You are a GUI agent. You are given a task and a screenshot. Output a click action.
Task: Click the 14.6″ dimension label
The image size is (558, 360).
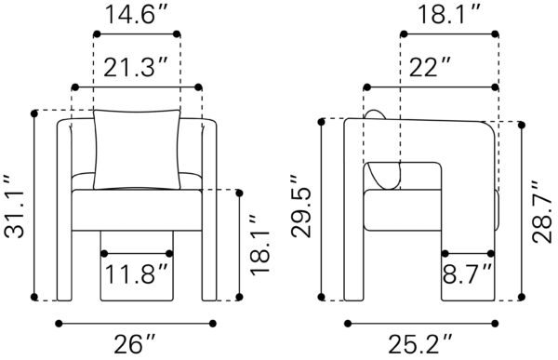point(137,15)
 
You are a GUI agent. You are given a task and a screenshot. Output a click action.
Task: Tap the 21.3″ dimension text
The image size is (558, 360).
point(135,68)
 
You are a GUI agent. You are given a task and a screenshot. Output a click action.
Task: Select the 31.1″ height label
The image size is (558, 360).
point(15,207)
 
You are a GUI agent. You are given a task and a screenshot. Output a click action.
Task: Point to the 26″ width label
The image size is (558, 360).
point(135,344)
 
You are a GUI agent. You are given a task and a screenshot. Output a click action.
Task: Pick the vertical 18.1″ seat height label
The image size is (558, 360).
point(260,245)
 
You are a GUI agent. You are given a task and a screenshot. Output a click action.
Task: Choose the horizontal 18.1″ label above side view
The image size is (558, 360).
point(449,15)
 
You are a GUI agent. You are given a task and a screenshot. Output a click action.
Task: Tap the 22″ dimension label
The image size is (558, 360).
point(430,68)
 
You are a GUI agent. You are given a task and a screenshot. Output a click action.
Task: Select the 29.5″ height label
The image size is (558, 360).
point(301,207)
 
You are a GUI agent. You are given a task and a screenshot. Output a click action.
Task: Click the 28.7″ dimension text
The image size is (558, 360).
point(543,212)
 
